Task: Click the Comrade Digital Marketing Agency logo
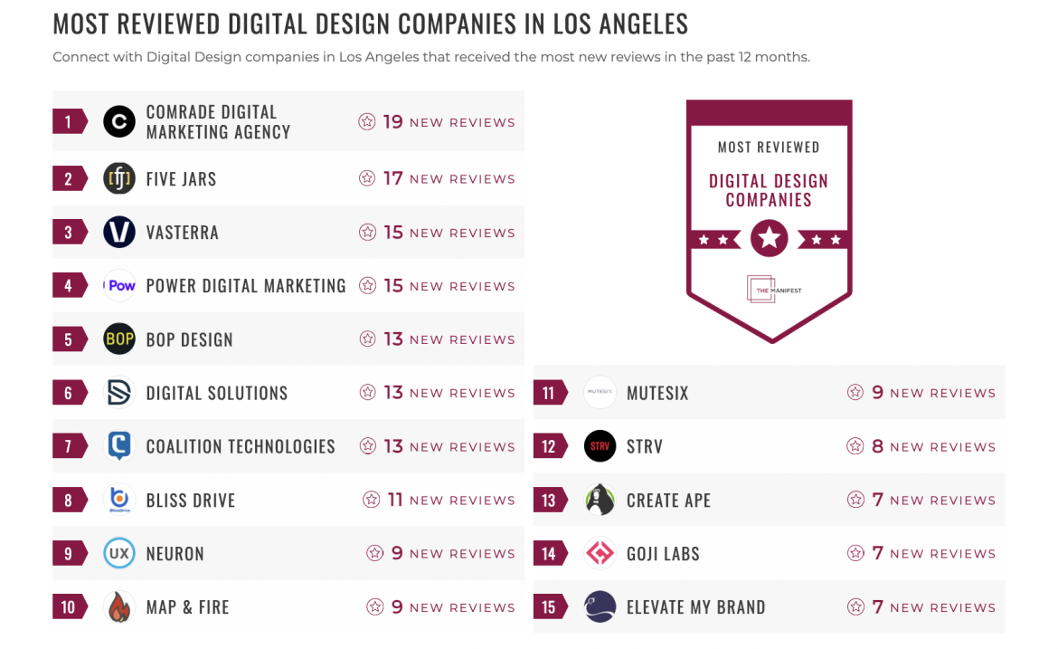point(119,121)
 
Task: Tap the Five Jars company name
point(181,178)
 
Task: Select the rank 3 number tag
point(69,233)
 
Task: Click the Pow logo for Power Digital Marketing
point(119,285)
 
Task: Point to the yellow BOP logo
point(119,339)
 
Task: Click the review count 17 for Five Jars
point(392,178)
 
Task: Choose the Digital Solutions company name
point(216,393)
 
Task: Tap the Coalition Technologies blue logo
point(119,445)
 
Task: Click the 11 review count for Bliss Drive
point(395,500)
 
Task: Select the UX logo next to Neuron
point(119,553)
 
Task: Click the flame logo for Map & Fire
point(119,606)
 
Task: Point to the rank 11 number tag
point(549,393)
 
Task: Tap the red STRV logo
point(600,446)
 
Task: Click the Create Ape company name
point(668,500)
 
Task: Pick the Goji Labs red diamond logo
point(600,553)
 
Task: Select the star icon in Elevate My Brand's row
point(855,606)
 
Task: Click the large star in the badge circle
point(769,239)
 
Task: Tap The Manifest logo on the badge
point(773,290)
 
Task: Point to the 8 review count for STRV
point(877,446)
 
